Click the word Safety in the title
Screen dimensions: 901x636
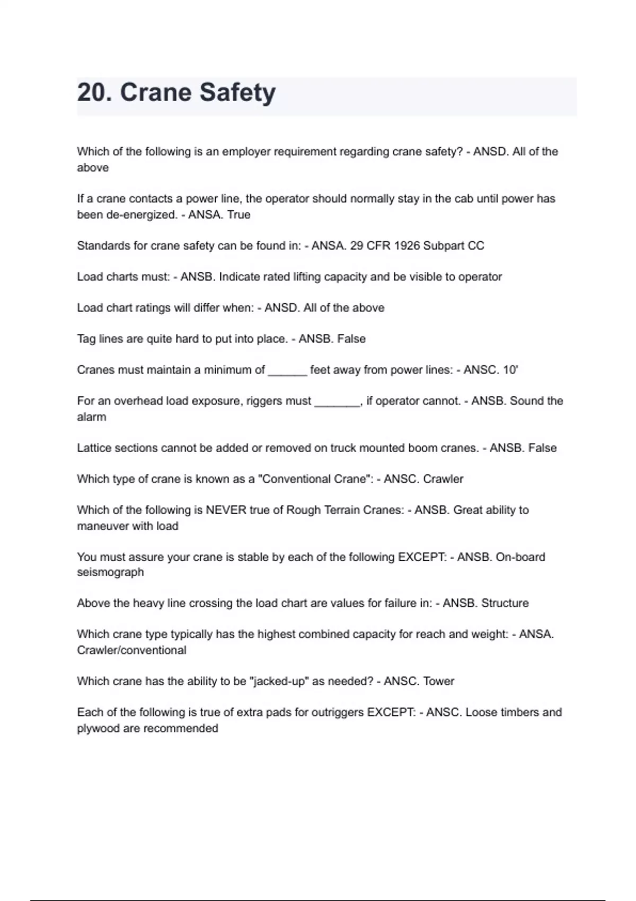[x=237, y=93]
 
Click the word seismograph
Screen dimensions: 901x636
[x=110, y=572]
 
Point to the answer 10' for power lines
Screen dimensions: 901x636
[x=510, y=370]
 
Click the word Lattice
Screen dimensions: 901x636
[x=94, y=448]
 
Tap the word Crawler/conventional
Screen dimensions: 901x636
[x=131, y=650]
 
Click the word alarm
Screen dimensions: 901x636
[x=91, y=417]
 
